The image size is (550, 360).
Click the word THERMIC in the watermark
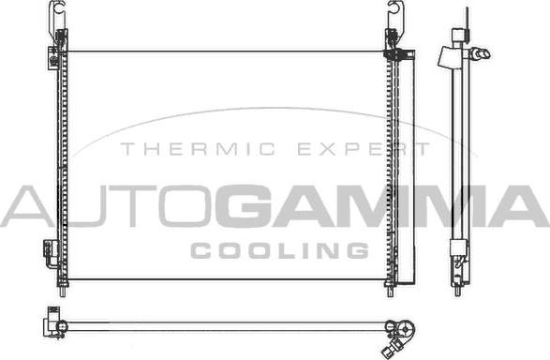198,149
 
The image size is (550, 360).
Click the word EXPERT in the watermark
364,149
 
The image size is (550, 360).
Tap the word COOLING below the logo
279,250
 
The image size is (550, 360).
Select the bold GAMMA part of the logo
381,206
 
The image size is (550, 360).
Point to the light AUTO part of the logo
108,206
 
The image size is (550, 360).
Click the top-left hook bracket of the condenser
57,16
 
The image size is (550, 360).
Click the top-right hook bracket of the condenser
396,16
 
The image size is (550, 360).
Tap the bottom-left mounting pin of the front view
63,290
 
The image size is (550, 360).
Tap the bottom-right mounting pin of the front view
391,290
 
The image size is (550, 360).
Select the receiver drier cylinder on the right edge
407,168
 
